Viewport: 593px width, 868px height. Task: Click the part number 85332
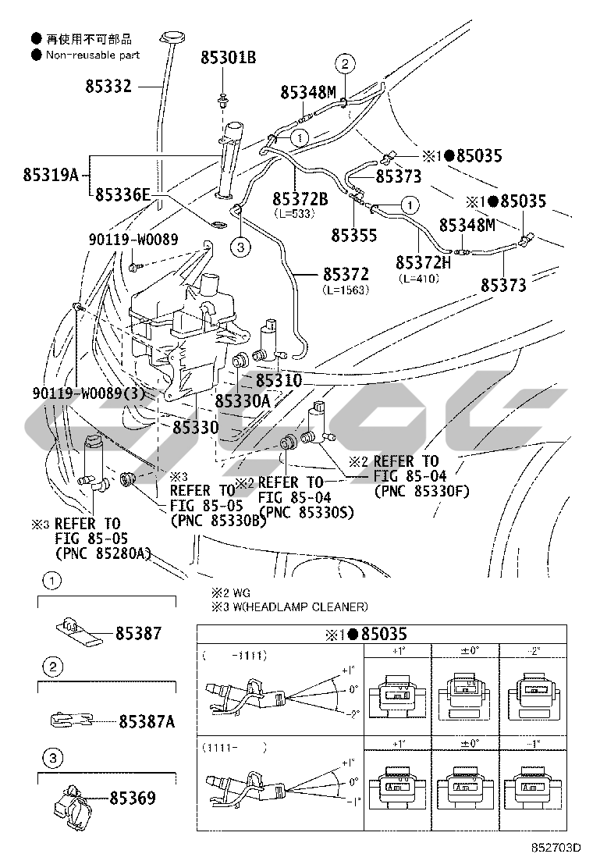[108, 87]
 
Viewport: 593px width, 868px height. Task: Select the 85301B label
[229, 58]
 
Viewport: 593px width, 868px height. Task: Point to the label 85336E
[123, 195]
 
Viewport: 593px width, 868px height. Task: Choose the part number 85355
[353, 234]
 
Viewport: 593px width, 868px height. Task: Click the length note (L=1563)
[345, 290]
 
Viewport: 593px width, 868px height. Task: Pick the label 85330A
[242, 401]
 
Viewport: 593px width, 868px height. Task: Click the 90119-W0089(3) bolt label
[90, 394]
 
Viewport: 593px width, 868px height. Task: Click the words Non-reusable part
[93, 55]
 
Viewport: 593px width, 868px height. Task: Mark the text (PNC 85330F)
[421, 490]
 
